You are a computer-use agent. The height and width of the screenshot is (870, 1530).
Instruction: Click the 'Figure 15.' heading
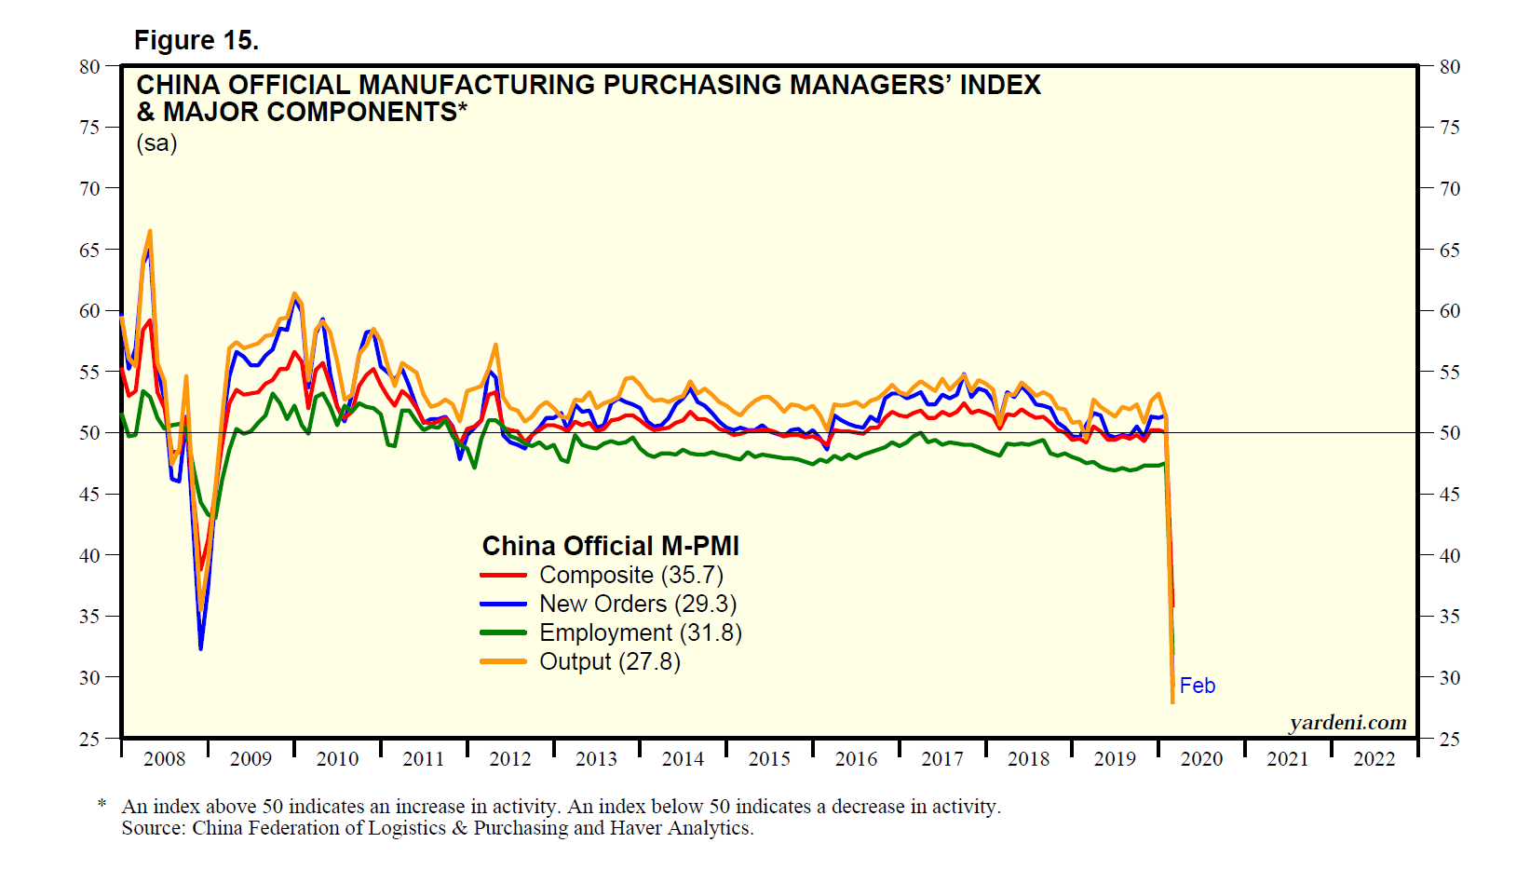(196, 40)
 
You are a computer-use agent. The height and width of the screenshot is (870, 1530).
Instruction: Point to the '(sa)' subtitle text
(156, 143)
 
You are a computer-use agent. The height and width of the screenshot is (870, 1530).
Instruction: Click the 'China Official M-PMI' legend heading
(610, 546)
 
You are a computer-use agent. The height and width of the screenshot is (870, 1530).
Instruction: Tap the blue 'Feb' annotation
(1198, 686)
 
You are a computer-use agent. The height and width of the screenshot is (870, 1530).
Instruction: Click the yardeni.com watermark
(1347, 723)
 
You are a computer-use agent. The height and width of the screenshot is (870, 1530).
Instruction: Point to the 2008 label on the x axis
(165, 759)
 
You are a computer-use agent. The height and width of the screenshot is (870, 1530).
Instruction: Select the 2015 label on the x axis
(769, 759)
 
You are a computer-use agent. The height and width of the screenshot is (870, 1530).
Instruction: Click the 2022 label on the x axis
(1374, 759)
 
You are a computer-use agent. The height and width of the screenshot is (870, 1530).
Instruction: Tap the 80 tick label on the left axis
(89, 66)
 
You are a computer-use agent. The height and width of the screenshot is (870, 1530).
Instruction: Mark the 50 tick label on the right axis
(1449, 433)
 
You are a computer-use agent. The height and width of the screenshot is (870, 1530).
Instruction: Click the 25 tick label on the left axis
(89, 739)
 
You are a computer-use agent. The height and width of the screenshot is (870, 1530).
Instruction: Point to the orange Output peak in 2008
(150, 231)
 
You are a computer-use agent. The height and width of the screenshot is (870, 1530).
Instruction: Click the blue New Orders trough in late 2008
(200, 648)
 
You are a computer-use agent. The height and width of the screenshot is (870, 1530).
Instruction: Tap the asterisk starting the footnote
(102, 803)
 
